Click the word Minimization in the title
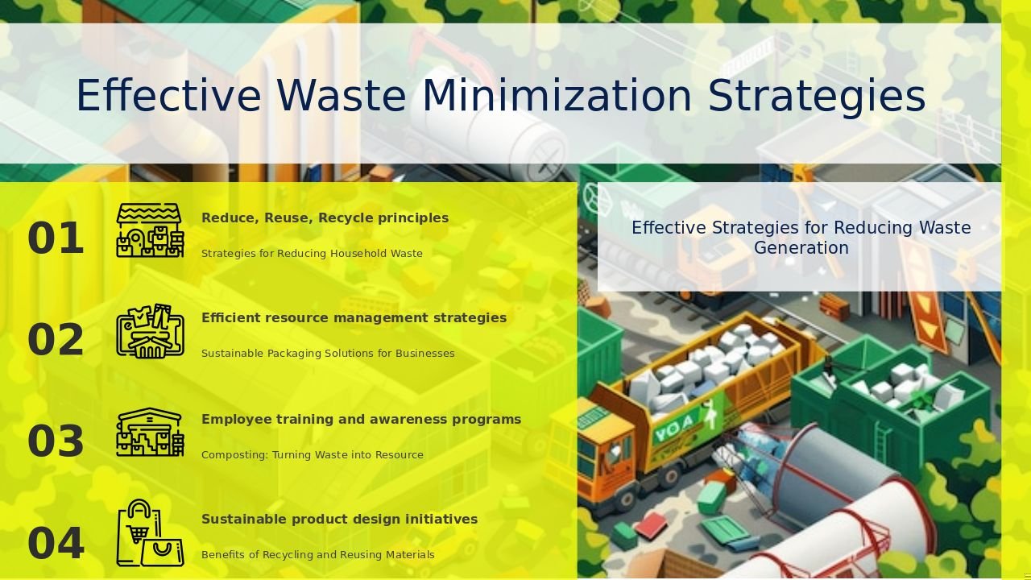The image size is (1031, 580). pyautogui.click(x=557, y=96)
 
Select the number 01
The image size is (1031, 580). pyautogui.click(x=56, y=238)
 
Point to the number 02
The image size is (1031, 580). pyautogui.click(x=56, y=340)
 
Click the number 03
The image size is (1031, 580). pyautogui.click(x=56, y=441)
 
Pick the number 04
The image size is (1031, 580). pyautogui.click(x=56, y=543)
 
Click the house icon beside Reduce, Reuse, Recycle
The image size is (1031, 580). pyautogui.click(x=150, y=230)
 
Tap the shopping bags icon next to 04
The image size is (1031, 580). pyautogui.click(x=150, y=533)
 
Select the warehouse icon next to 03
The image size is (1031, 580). pyautogui.click(x=150, y=432)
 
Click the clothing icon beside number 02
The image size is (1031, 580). pyautogui.click(x=150, y=331)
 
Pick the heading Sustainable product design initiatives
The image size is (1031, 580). pyautogui.click(x=340, y=520)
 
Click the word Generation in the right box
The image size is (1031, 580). pyautogui.click(x=801, y=248)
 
